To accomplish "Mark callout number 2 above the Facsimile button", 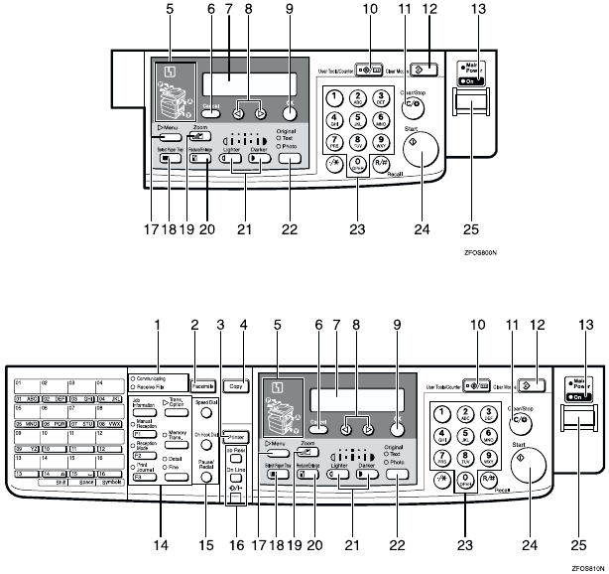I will (x=195, y=324).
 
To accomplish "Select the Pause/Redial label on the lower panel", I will (x=205, y=465).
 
